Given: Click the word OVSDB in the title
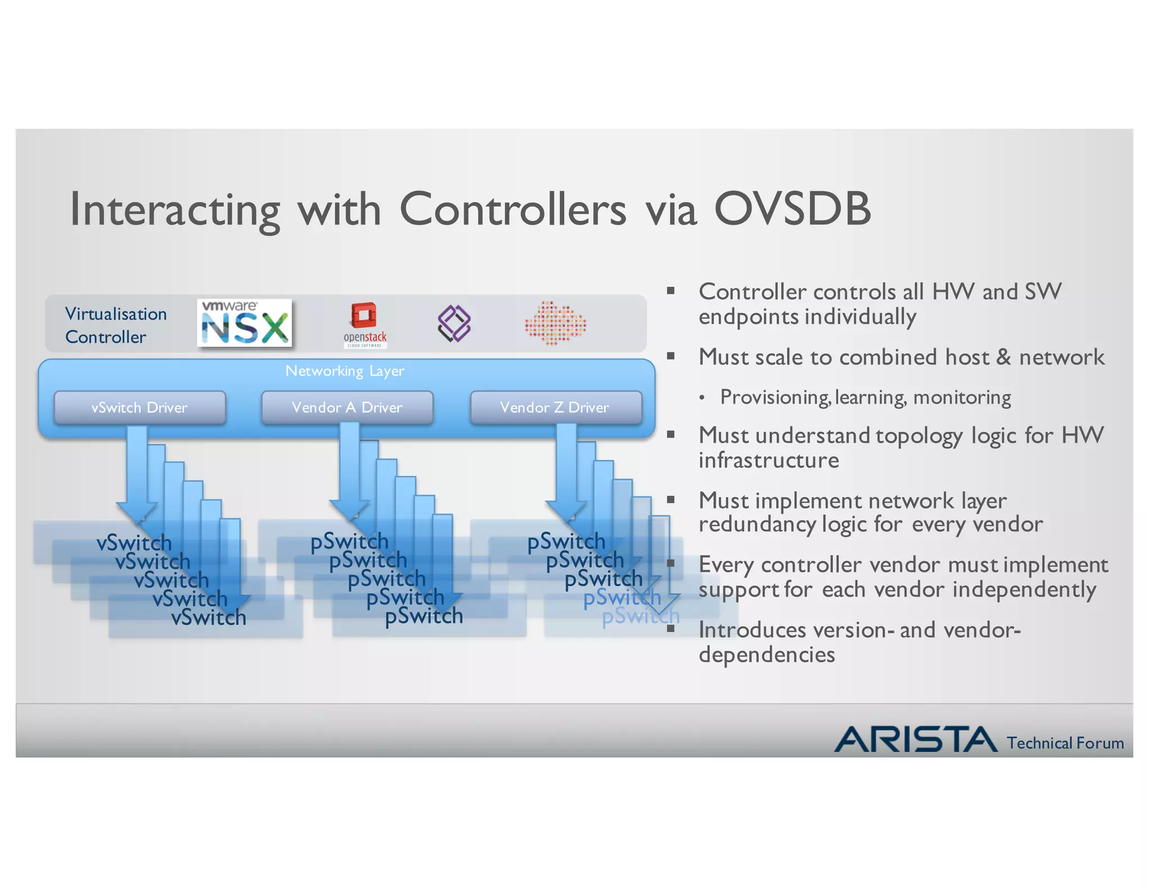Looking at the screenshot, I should [792, 209].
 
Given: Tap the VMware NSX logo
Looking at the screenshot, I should [245, 323].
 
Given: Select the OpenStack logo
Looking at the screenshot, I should [365, 324].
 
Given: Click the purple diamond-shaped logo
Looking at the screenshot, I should [454, 324].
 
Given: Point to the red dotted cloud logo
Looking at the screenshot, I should [555, 323].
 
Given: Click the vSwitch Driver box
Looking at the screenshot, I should [140, 408].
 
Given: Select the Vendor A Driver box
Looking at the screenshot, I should [347, 408].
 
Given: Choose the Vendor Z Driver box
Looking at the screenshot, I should [555, 408].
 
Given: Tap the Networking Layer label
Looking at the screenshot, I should [344, 371].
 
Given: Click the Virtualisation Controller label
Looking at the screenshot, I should [116, 325].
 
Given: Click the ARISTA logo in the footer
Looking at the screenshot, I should [915, 739].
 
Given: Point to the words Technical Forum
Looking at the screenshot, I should [1065, 743].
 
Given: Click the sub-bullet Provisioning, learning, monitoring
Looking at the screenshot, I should [865, 397].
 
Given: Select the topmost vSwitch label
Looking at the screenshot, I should [134, 543].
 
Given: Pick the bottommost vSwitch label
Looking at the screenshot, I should [209, 617].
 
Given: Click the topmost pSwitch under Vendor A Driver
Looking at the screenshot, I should [349, 542].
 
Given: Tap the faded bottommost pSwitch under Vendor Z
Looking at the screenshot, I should [640, 616].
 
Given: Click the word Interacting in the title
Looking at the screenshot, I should [174, 210].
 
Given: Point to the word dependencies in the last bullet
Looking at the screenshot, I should [766, 655].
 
